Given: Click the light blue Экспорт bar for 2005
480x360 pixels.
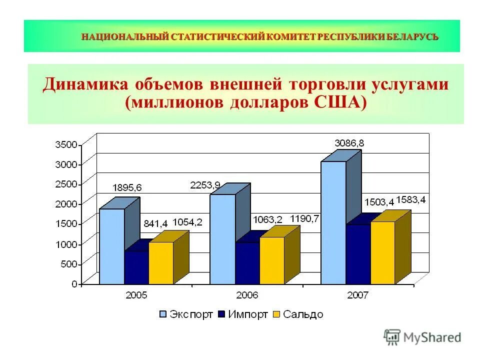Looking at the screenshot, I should coord(111,246).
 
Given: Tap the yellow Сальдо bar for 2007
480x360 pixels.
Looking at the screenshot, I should coord(382,252).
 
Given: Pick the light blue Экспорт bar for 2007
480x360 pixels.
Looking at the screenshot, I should coord(333,222).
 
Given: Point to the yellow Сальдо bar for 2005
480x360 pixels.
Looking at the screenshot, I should coord(160,263).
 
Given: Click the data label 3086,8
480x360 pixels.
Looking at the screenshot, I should coord(349,143).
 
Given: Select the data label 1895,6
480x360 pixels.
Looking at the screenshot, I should coord(127,187).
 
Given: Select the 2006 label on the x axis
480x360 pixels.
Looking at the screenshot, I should coord(247,295).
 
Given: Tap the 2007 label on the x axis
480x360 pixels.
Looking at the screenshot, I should coord(358,295).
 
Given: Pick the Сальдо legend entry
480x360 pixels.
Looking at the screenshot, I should coord(298,314).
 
